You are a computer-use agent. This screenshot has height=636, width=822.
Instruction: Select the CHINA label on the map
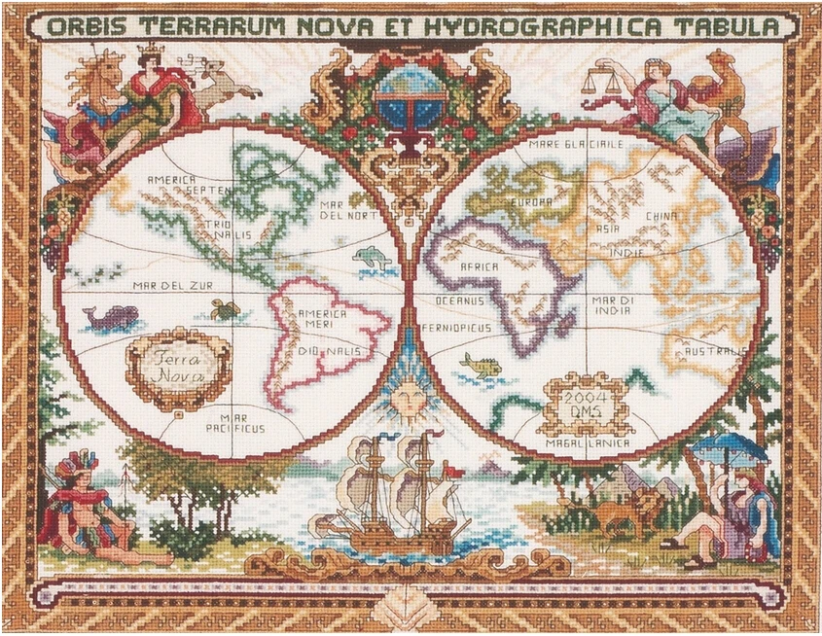click(664, 215)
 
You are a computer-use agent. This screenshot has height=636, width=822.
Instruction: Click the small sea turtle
click(226, 309)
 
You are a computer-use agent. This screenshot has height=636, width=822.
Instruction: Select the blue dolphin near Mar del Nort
click(372, 258)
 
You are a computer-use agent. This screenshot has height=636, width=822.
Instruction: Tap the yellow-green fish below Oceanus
click(482, 365)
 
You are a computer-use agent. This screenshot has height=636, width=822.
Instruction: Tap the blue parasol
click(729, 448)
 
